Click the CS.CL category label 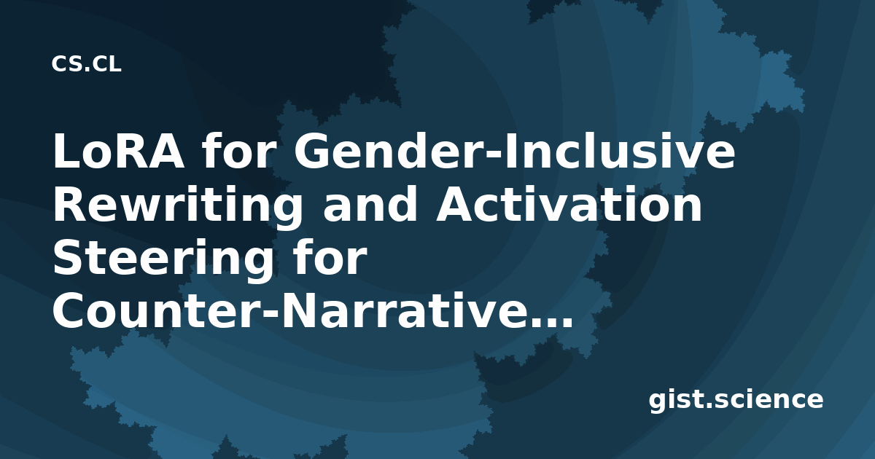tap(86, 64)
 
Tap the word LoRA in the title tap(118, 152)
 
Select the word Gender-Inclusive tap(515, 151)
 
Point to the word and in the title tap(370, 204)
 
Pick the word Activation tap(569, 205)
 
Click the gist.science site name tap(736, 400)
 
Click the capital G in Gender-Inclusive tap(311, 151)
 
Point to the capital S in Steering tap(69, 258)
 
